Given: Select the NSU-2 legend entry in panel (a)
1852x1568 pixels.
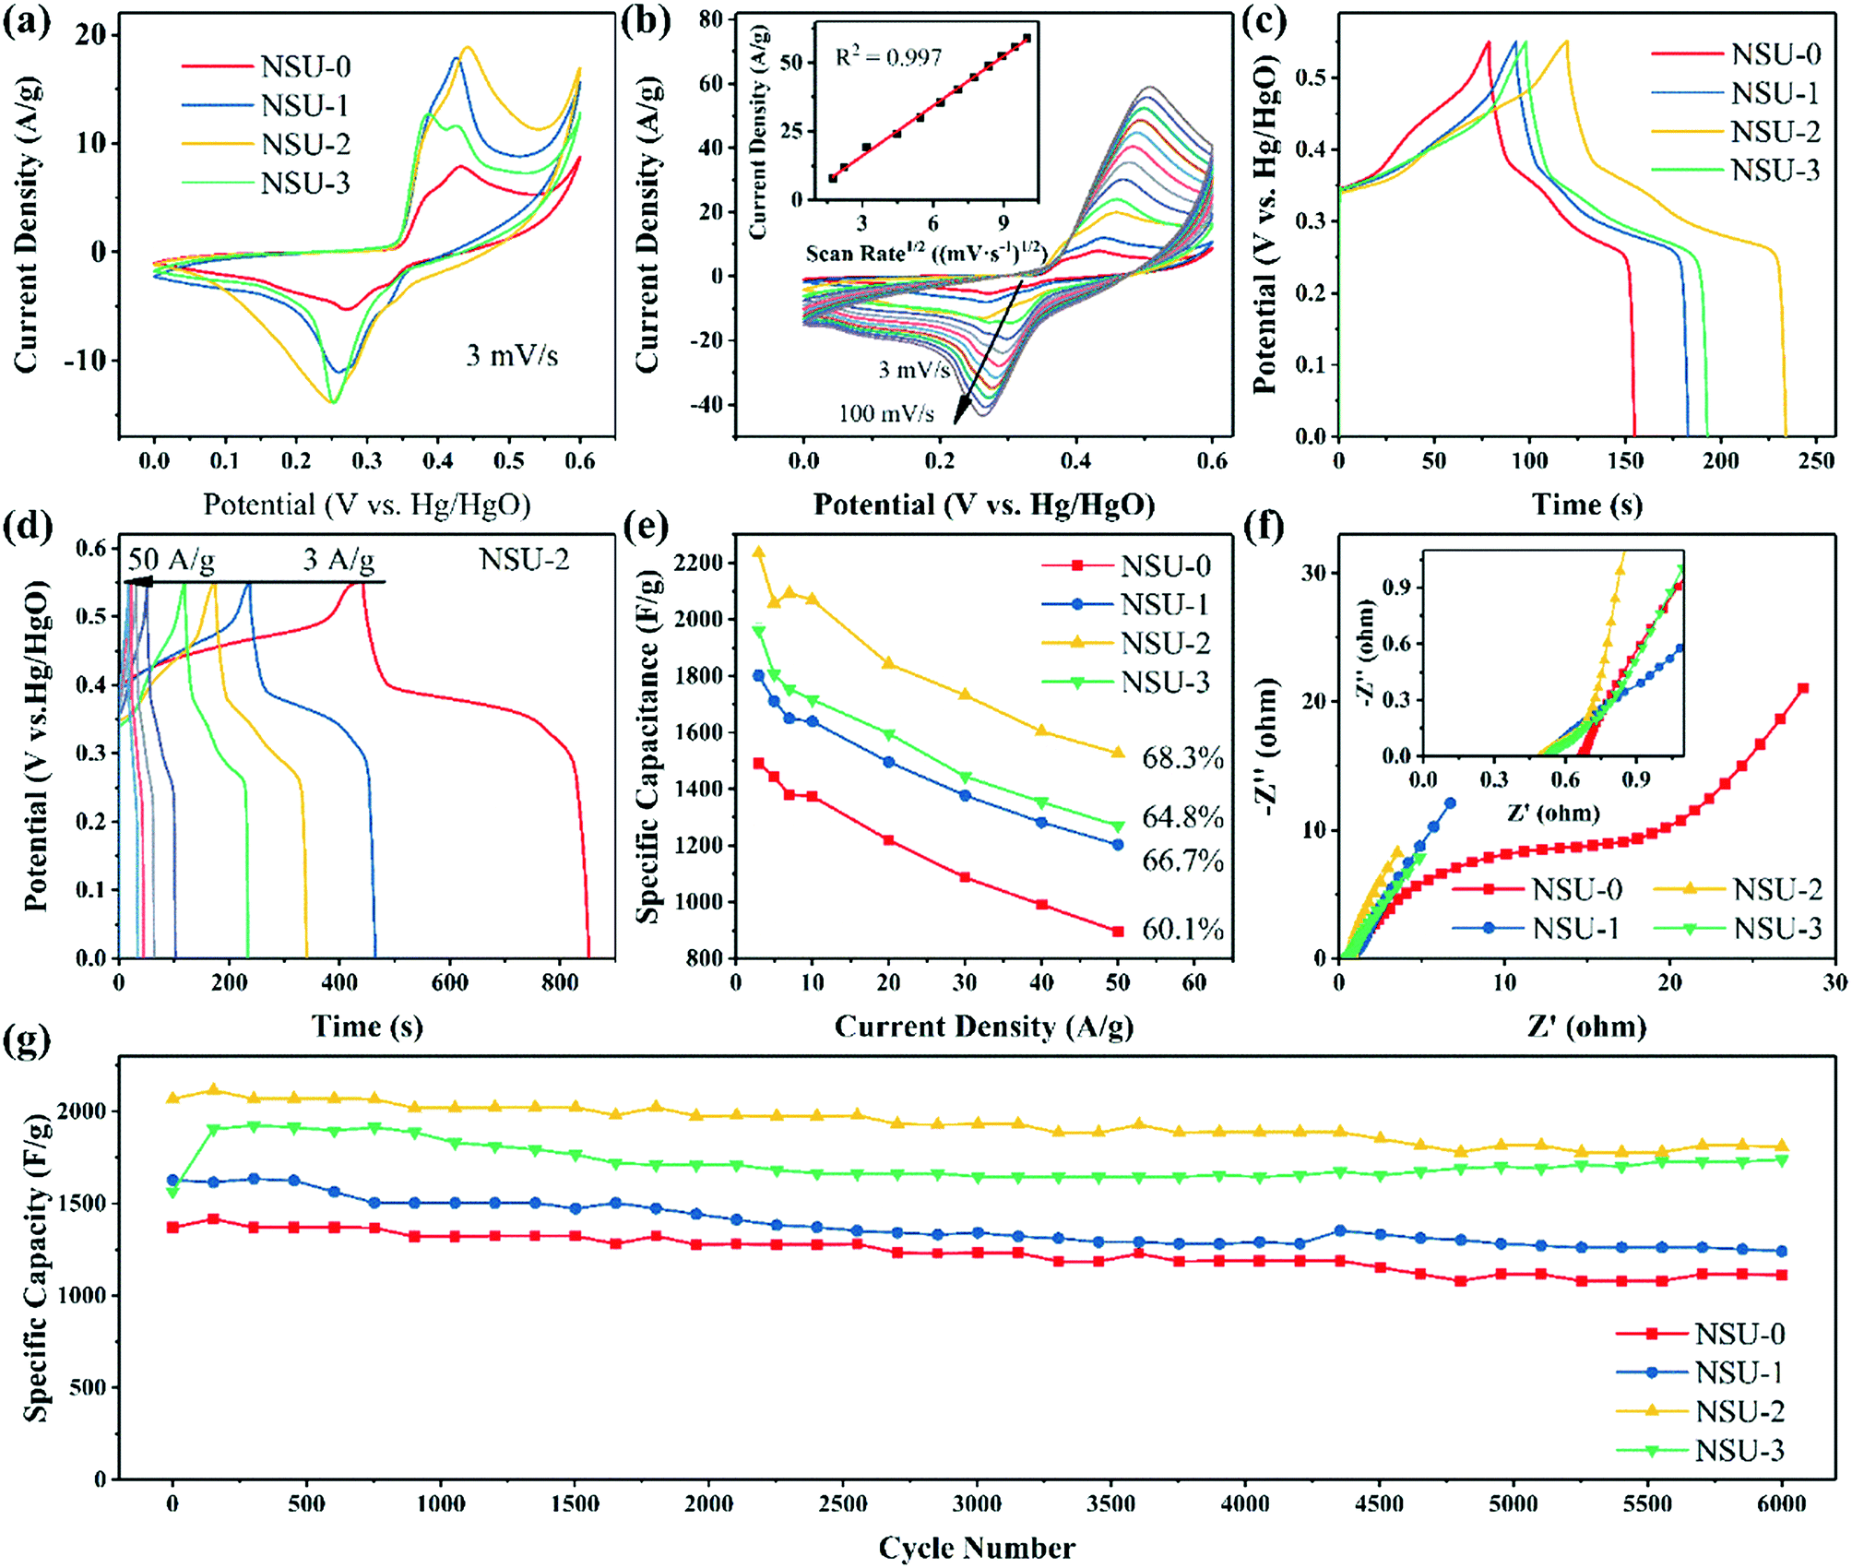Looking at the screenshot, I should click(304, 145).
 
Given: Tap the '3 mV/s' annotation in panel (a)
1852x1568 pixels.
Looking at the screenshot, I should click(512, 355).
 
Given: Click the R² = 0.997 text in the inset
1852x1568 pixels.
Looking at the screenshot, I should click(888, 58).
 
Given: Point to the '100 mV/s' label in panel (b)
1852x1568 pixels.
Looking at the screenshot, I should click(885, 413).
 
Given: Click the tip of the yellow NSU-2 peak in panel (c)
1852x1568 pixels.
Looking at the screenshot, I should click(1566, 42).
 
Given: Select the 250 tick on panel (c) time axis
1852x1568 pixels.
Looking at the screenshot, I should click(1816, 459).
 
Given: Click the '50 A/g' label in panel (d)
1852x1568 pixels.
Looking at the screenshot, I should click(171, 560).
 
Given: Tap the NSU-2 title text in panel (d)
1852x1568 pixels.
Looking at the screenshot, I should click(524, 559).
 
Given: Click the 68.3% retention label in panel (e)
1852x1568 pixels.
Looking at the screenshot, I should click(1182, 758).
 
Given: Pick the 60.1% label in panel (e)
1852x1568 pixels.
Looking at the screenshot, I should click(1182, 929).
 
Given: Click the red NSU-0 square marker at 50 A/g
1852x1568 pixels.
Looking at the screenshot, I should click(1118, 932).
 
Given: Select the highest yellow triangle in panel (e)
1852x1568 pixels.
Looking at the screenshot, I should click(759, 552).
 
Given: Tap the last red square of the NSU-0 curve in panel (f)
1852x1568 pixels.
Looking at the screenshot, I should click(1803, 688).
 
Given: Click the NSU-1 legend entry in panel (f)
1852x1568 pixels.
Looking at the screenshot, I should click(1575, 929).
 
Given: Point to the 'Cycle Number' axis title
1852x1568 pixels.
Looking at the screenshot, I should click(976, 1547).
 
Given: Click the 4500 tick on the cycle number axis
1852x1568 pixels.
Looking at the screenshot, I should click(1379, 1504).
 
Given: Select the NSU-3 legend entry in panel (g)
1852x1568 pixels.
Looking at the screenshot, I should click(1739, 1451).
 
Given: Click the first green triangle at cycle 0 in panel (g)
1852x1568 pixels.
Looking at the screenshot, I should click(172, 1193).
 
